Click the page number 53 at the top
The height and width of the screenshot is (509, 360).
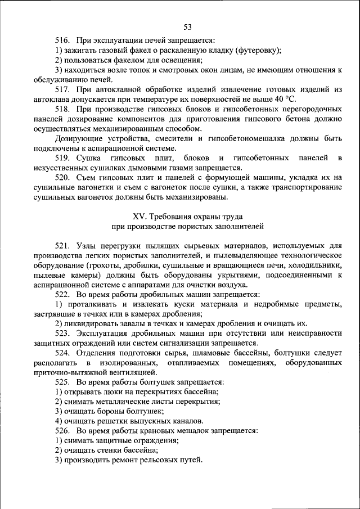[187, 26]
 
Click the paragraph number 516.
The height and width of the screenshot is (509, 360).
[62, 41]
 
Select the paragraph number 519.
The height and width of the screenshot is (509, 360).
[62, 158]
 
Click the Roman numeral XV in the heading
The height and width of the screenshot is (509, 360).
[138, 217]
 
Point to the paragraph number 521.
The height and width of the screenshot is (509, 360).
[62, 246]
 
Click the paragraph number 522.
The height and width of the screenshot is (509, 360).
[62, 294]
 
